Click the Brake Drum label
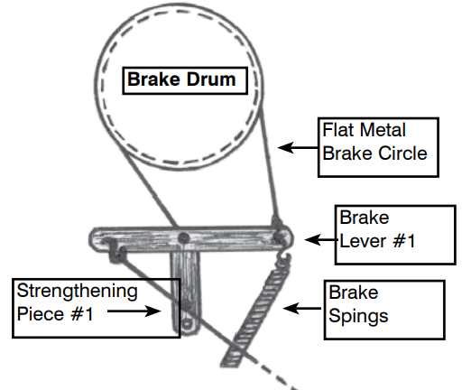point(180,79)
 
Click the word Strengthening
point(78,292)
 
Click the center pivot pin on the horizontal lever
point(183,237)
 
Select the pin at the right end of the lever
point(277,233)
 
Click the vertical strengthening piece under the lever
point(186,289)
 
